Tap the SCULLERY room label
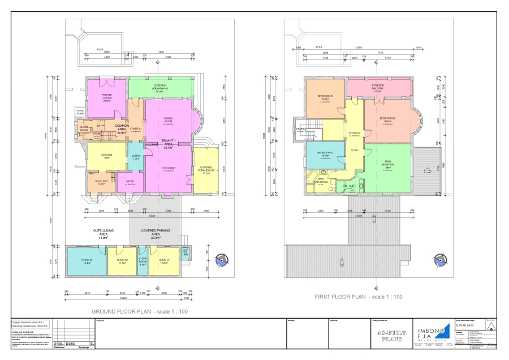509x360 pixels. (101, 182)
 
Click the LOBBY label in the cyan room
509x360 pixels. (136, 157)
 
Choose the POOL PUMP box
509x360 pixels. (80, 112)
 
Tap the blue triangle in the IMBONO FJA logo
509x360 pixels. (445, 328)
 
